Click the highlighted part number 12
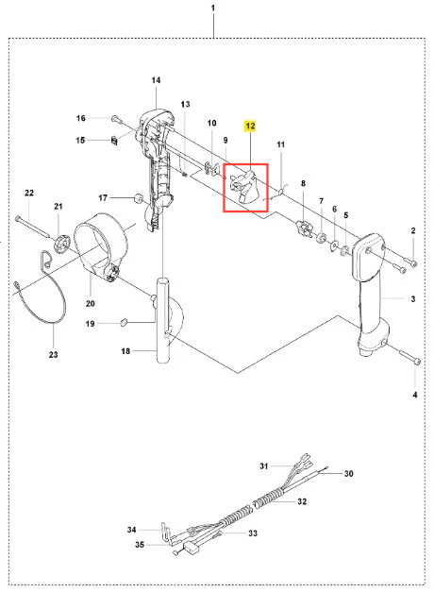[x=250, y=126]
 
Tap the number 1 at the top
[x=213, y=8]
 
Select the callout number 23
[x=53, y=354]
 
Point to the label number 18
[x=125, y=351]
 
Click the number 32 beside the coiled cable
[x=302, y=501]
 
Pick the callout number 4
[x=415, y=395]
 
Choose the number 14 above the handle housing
[x=156, y=80]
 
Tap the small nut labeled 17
[x=138, y=198]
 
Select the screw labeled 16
[x=115, y=119]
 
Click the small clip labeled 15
[x=115, y=141]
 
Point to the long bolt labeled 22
[x=33, y=227]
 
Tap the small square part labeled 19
[x=124, y=322]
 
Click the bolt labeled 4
[x=409, y=356]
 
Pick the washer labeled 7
[x=322, y=238]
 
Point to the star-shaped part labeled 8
[x=304, y=228]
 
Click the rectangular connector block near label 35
[x=191, y=549]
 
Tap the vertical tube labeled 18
[x=163, y=320]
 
